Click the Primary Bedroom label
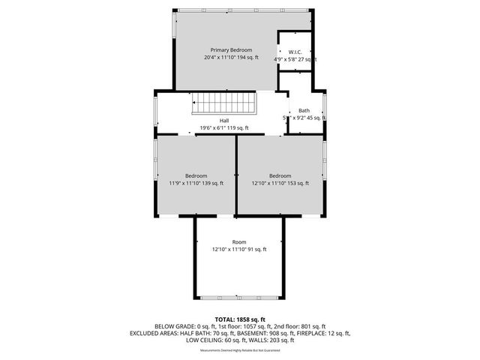click(x=226, y=49)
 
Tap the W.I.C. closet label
click(x=295, y=52)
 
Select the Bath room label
click(x=304, y=110)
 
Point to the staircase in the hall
click(x=224, y=103)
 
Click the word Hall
click(x=224, y=120)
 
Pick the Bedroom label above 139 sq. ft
click(x=196, y=175)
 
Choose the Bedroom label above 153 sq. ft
click(x=280, y=175)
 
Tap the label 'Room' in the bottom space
click(x=238, y=241)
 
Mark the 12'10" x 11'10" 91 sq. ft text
click(x=238, y=249)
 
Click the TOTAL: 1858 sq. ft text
click(x=239, y=319)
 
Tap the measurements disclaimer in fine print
click(x=239, y=349)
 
